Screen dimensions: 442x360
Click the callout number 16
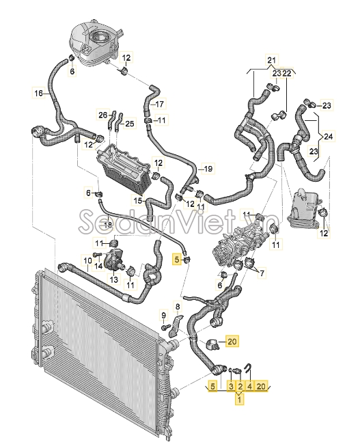[39, 93]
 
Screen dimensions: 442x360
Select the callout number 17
[158, 105]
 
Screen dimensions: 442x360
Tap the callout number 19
[208, 168]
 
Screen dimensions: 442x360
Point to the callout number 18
[108, 224]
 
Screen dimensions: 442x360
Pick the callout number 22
[287, 73]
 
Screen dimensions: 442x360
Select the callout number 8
[178, 307]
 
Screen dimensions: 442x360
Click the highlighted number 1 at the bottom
[239, 401]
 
